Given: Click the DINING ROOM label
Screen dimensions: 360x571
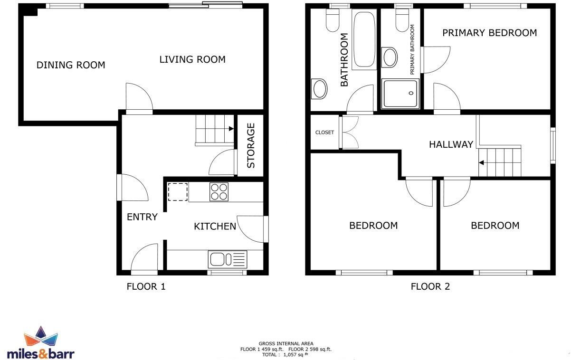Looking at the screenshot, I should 71,65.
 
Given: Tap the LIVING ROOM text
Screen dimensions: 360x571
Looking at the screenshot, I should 192,59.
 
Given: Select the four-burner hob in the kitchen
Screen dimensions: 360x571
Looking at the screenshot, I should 219,192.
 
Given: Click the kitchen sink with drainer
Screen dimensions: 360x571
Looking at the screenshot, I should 228,259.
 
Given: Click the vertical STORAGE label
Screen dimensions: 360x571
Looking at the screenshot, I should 251,145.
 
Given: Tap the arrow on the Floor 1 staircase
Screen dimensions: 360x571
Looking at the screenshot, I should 230,128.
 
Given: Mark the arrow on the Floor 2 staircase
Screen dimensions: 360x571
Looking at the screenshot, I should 481,163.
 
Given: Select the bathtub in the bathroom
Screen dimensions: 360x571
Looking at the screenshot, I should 364,39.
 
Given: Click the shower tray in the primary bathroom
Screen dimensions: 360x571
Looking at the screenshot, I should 400,94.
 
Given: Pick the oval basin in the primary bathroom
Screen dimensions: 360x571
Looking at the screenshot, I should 390,57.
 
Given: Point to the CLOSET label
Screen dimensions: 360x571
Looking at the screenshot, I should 324,133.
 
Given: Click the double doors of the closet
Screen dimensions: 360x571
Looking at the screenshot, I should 350,133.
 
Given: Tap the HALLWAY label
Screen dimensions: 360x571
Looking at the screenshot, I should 451,144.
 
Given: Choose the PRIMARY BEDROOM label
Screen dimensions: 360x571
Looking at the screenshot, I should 489,33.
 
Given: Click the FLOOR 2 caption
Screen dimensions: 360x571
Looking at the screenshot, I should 430,286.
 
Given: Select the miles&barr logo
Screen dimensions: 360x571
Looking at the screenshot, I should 41,344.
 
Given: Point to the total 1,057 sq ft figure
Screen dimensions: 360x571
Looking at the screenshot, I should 285,354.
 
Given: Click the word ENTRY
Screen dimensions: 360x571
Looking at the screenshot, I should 142,217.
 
